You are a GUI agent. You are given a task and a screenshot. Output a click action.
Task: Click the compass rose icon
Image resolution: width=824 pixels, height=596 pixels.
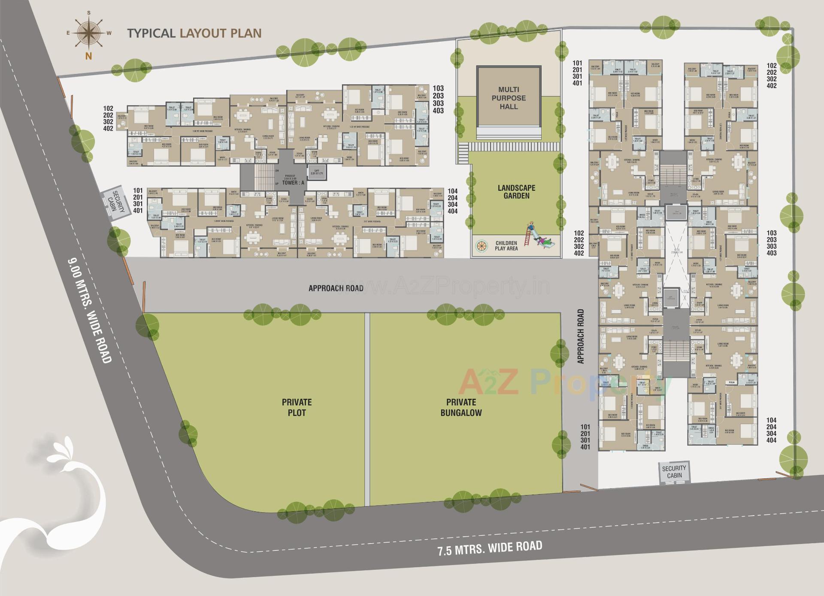tap(89, 33)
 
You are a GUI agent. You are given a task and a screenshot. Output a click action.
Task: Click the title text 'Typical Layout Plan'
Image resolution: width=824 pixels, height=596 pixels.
tap(194, 34)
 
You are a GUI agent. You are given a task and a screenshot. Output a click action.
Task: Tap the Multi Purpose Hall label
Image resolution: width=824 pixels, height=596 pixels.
tap(509, 98)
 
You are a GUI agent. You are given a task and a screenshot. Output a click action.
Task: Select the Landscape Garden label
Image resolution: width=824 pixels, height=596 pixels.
tap(516, 192)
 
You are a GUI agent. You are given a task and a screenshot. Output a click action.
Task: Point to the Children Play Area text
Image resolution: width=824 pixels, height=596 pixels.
tap(506, 246)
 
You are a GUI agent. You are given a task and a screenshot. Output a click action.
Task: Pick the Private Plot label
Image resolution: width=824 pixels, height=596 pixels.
tap(297, 407)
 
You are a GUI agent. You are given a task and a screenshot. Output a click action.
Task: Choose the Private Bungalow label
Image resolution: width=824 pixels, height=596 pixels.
tap(461, 407)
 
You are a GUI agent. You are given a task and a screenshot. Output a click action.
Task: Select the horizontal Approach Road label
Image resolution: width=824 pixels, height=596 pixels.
tap(336, 288)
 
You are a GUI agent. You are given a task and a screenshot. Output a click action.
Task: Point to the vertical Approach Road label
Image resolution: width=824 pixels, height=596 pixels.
tap(581, 336)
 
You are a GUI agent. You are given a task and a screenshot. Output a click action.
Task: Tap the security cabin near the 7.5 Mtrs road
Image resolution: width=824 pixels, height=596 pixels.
tap(674, 472)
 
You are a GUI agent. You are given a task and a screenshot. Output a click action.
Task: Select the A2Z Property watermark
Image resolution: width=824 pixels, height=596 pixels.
tap(558, 382)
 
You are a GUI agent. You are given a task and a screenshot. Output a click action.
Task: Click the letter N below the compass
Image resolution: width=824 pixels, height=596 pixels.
tap(89, 56)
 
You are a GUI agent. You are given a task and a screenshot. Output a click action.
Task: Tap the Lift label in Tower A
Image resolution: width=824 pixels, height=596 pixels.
tap(317, 171)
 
